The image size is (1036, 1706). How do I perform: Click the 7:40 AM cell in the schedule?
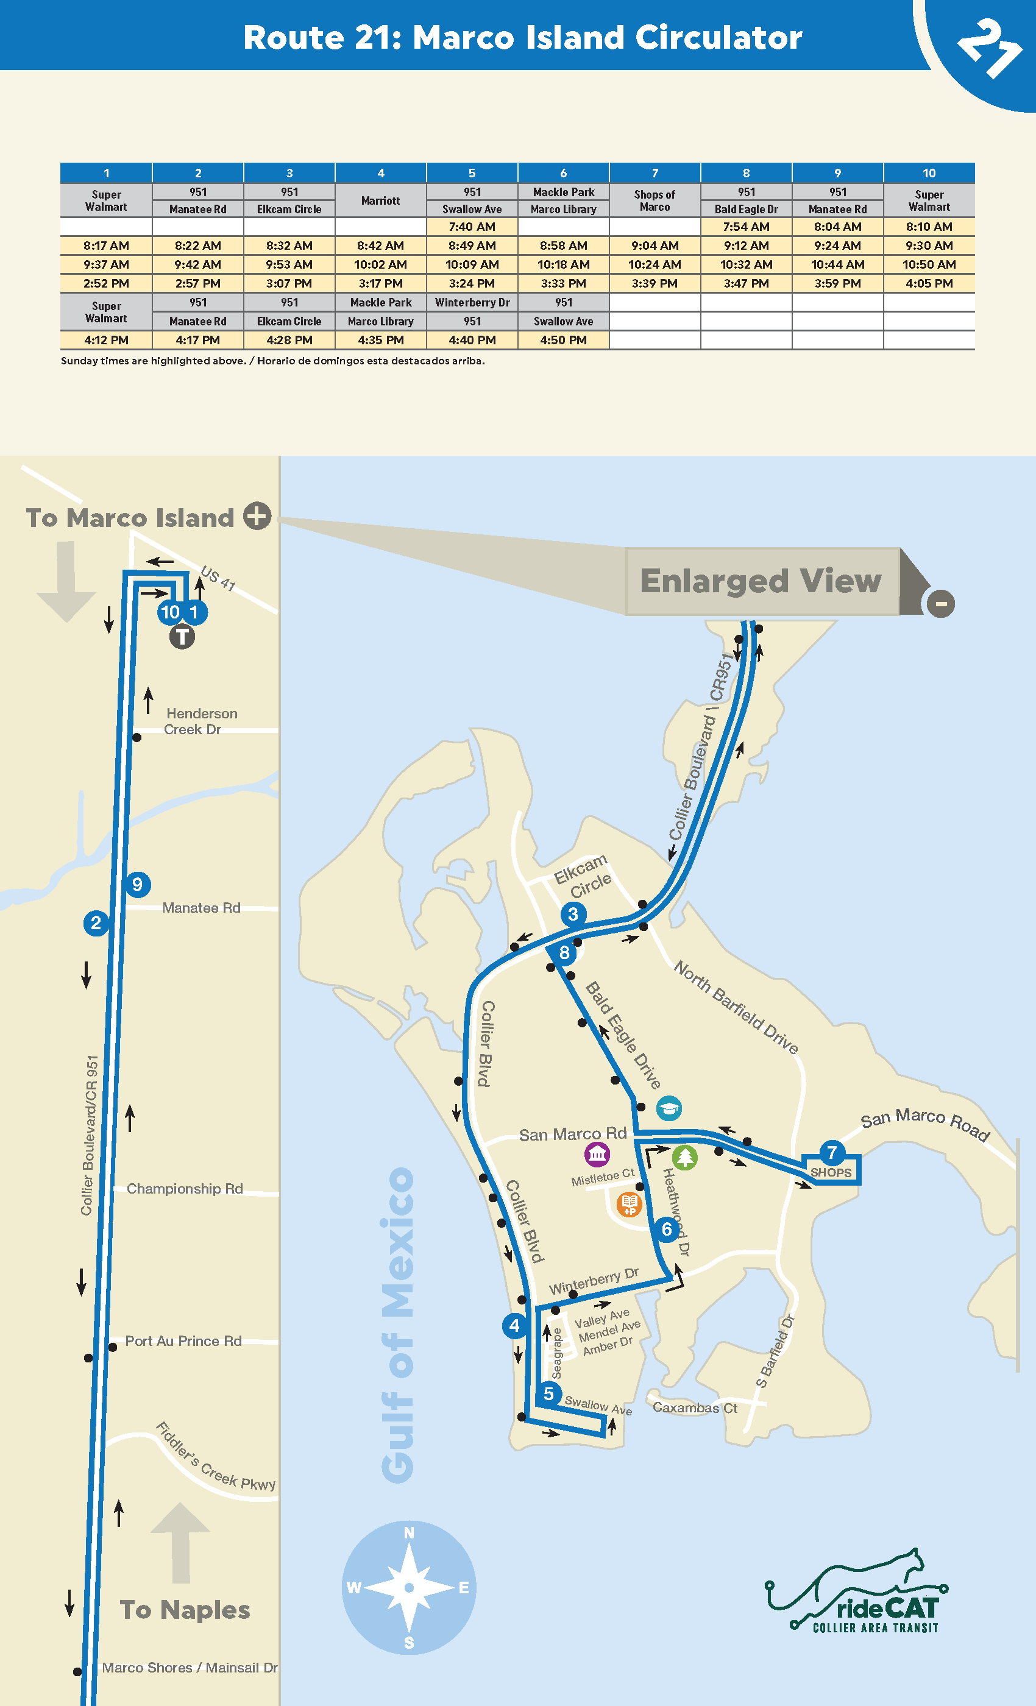coord(472,227)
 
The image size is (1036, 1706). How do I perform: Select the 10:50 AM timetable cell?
coord(929,264)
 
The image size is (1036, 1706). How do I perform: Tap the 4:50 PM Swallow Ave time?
coord(563,340)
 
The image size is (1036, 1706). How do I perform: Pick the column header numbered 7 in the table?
coord(655,172)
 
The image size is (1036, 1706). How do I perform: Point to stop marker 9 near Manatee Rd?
coord(137,884)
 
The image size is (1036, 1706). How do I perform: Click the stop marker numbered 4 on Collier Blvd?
coord(514,1325)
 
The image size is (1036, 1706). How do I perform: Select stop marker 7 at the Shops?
coord(832,1153)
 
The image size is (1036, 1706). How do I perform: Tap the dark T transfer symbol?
coord(182,636)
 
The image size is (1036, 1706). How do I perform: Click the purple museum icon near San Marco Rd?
coord(597,1154)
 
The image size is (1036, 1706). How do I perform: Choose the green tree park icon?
coord(684,1157)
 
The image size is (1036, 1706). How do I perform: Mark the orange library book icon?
coord(629,1204)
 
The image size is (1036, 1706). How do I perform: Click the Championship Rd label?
coord(184,1189)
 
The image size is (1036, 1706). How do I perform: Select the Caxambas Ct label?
coord(695,1407)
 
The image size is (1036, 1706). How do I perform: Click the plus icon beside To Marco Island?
coord(257,516)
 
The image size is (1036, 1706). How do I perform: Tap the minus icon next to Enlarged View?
coord(940,603)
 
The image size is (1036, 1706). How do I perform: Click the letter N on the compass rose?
coord(410,1533)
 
